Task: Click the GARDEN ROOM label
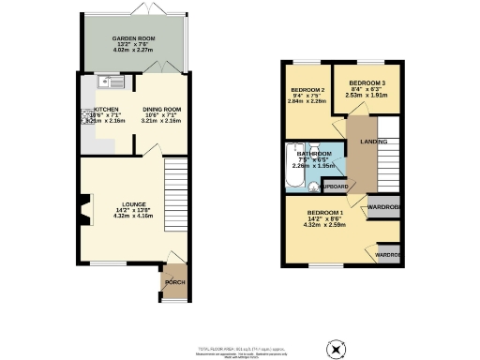(x=132, y=39)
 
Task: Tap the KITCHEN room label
(x=106, y=109)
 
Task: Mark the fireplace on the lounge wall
(x=87, y=208)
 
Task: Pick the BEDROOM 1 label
(x=322, y=213)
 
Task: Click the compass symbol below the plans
(x=336, y=349)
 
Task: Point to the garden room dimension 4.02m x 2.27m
(x=132, y=52)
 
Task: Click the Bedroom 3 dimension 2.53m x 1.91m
(x=365, y=94)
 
